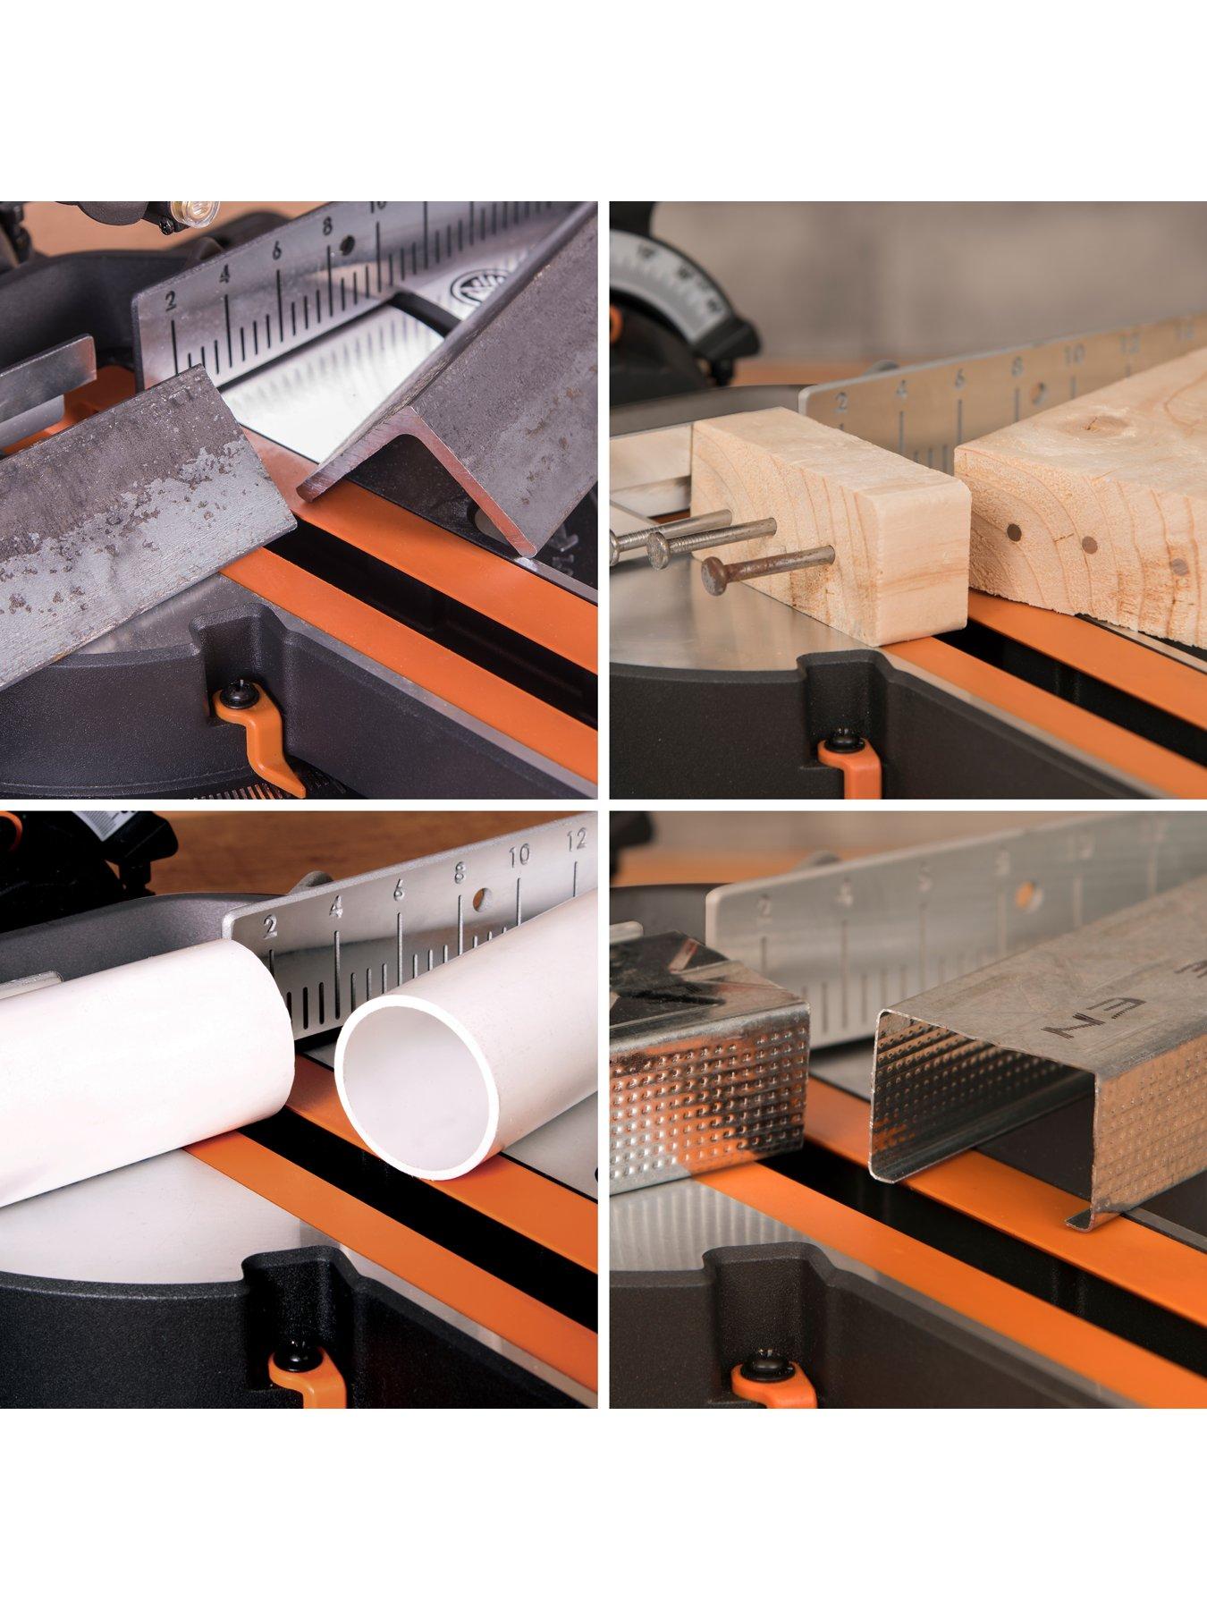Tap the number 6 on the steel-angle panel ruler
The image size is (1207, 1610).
pos(277,251)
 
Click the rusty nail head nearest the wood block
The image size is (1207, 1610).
pos(714,573)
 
